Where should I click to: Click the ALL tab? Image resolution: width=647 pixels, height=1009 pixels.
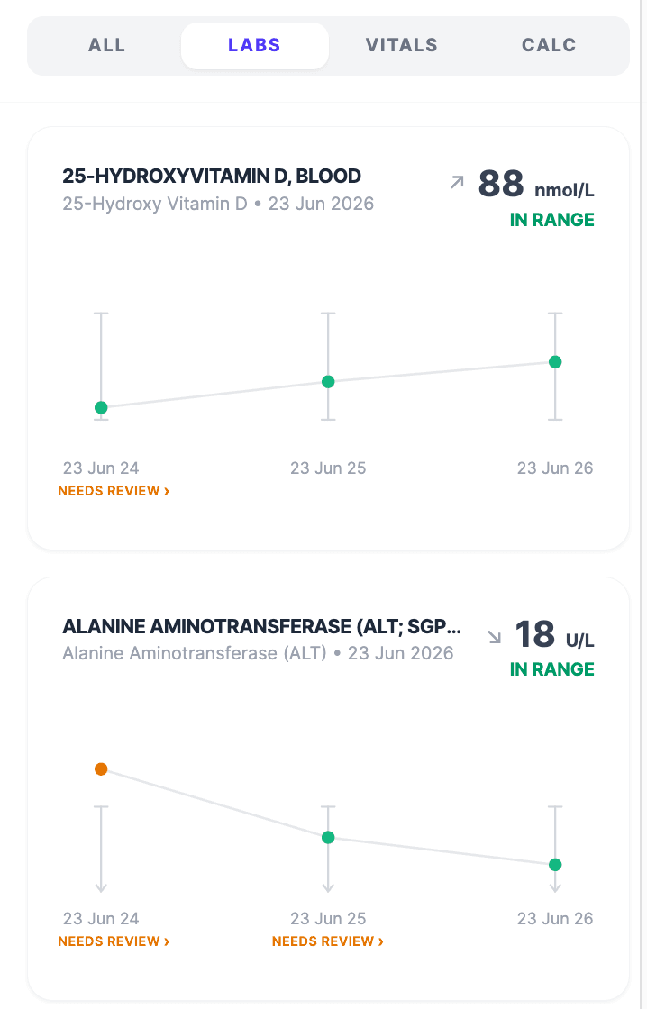pyautogui.click(x=107, y=45)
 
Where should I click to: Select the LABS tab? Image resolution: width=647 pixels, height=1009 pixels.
pyautogui.click(x=254, y=45)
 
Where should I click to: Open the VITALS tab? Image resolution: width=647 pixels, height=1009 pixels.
pyautogui.click(x=402, y=45)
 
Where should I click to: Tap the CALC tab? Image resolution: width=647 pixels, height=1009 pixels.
pyautogui.click(x=549, y=45)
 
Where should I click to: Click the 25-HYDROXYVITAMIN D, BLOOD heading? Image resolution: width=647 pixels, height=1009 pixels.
pyautogui.click(x=212, y=177)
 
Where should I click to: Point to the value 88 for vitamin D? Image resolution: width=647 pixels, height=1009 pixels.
pyautogui.click(x=501, y=184)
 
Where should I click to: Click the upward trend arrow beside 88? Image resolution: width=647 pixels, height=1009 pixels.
pyautogui.click(x=457, y=182)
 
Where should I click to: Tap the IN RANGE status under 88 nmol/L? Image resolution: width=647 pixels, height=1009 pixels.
pyautogui.click(x=551, y=220)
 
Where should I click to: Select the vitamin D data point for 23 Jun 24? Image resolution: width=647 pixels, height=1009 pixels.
pyautogui.click(x=101, y=407)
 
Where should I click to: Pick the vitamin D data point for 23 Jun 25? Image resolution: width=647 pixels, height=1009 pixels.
pyautogui.click(x=328, y=382)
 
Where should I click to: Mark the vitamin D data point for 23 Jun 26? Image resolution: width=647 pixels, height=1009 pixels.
pyautogui.click(x=555, y=361)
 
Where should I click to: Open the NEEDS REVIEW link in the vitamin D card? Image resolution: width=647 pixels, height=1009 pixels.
pyautogui.click(x=114, y=491)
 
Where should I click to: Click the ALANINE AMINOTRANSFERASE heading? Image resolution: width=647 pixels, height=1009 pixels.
pyautogui.click(x=261, y=627)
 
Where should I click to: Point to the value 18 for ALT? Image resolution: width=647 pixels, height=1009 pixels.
pyautogui.click(x=535, y=634)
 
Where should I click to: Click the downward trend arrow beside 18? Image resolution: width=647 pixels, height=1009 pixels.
pyautogui.click(x=495, y=637)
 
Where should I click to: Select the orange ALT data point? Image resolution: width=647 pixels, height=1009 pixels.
pyautogui.click(x=101, y=769)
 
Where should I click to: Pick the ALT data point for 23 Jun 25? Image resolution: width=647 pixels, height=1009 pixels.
pyautogui.click(x=328, y=837)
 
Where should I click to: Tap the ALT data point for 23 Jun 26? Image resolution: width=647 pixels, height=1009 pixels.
pyautogui.click(x=555, y=865)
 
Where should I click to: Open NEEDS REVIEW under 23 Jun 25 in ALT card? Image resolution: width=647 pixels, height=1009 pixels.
pyautogui.click(x=328, y=941)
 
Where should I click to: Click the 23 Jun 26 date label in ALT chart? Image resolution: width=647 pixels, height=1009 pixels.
pyautogui.click(x=555, y=918)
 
